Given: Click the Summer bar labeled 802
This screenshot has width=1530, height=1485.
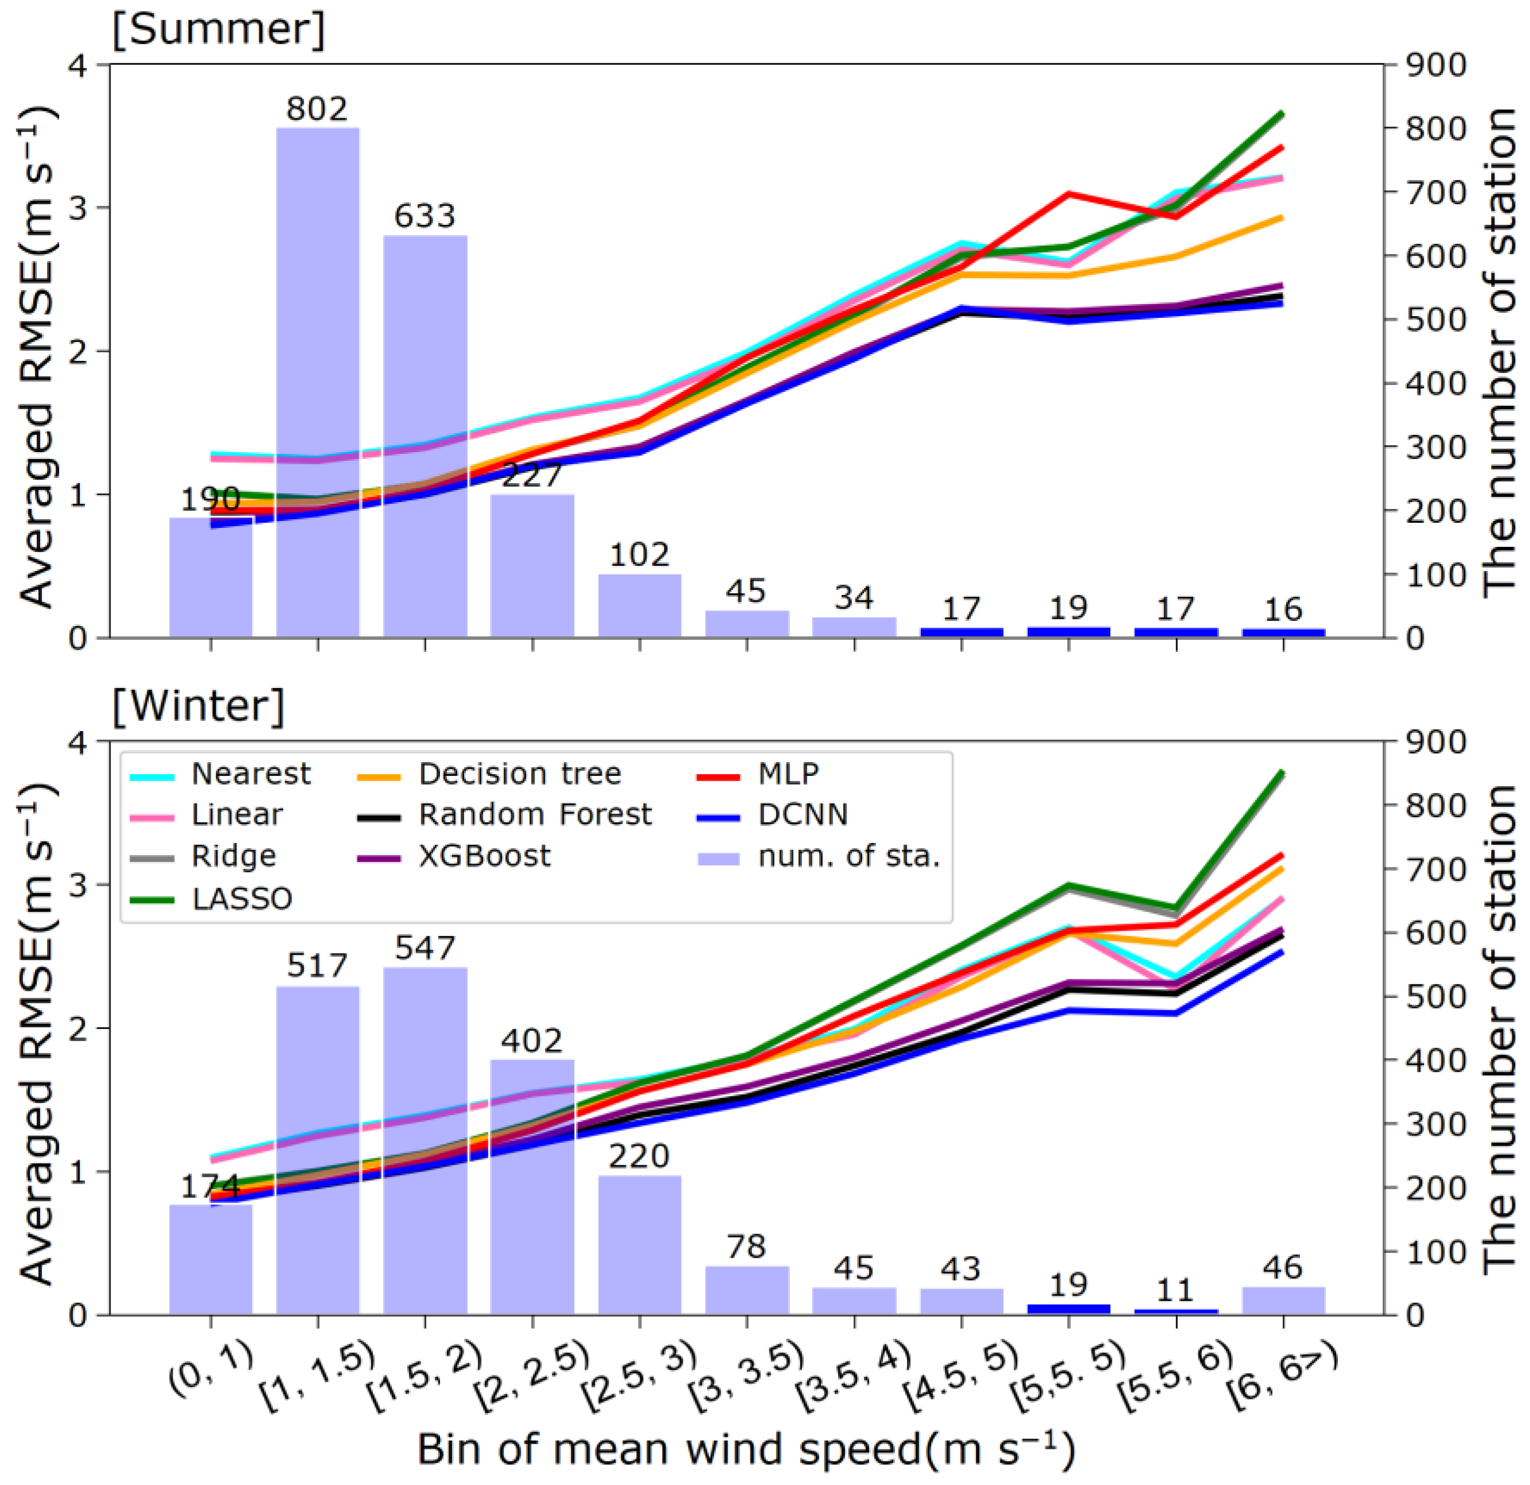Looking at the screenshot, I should pos(318,383).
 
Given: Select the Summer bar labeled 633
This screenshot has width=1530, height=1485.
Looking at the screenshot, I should pos(425,437).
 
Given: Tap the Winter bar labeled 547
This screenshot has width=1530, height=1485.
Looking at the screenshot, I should pos(425,1140).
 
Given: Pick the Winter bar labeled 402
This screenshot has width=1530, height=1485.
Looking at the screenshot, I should pos(532,1187).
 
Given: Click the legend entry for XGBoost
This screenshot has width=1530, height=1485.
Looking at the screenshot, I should pos(484,857).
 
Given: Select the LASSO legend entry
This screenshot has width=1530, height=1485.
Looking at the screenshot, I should pos(242,899).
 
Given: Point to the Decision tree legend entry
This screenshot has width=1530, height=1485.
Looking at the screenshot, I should pos(519,773).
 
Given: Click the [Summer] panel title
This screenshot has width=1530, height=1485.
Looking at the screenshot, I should pos(219,30).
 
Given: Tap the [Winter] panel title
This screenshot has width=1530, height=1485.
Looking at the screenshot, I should pos(199,706).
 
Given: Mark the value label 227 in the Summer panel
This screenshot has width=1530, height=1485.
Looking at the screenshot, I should pos(532,476).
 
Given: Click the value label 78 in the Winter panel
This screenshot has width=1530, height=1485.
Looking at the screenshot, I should pos(746,1246).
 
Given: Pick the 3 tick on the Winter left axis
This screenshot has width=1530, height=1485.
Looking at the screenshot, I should pos(80,885).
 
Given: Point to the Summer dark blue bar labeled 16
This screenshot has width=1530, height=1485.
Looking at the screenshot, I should pos(1283,632).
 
